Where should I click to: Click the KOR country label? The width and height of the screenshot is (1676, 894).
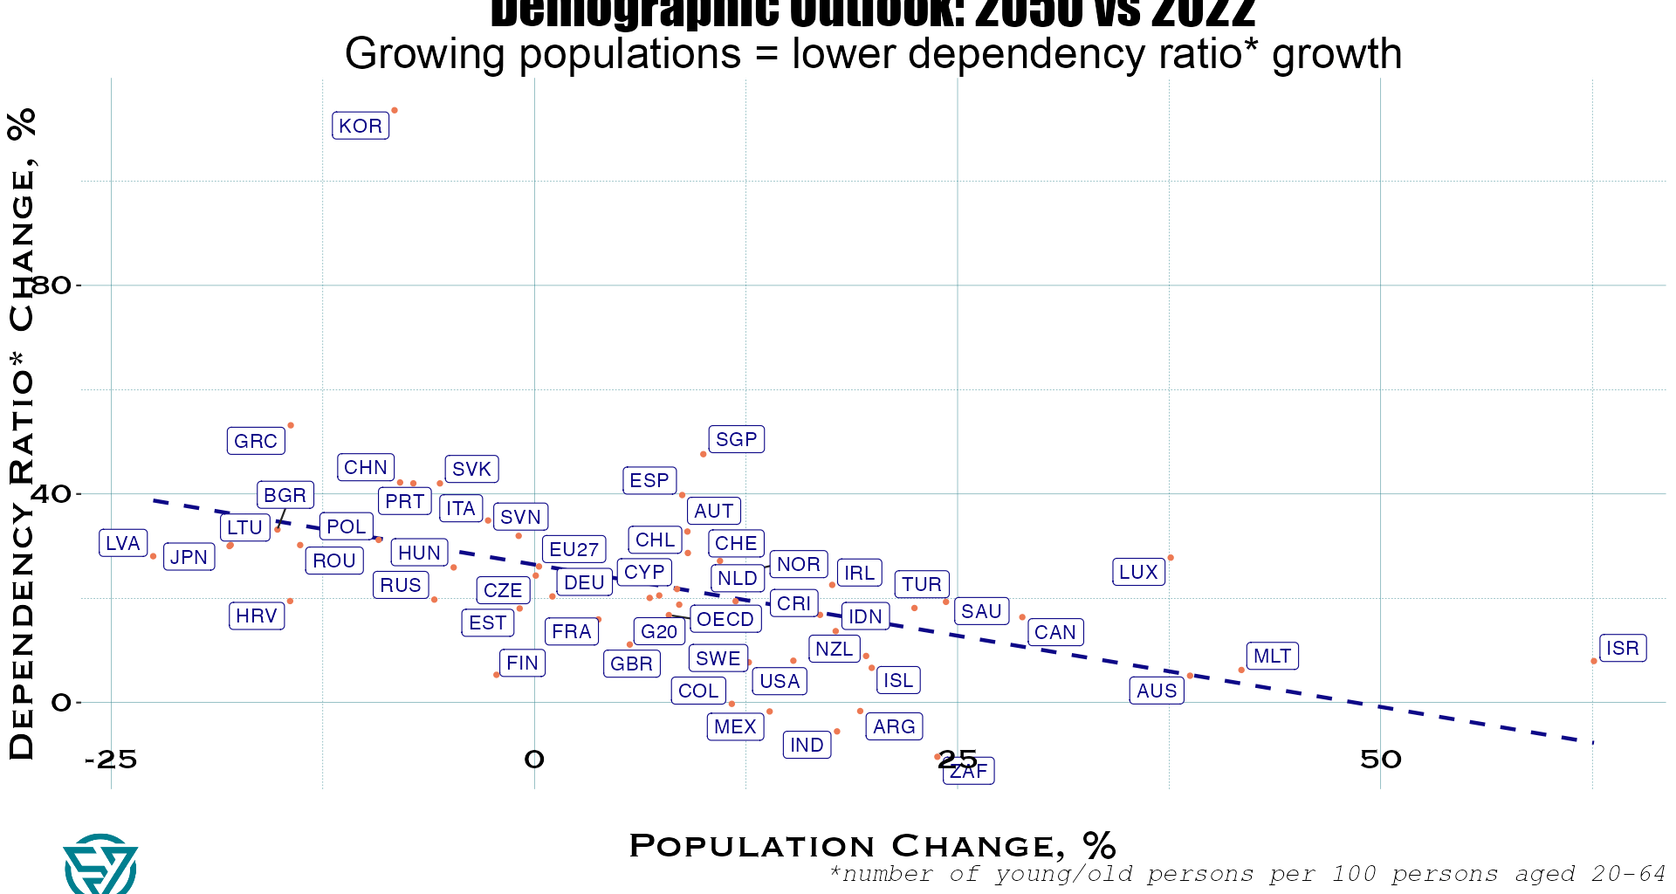[361, 126]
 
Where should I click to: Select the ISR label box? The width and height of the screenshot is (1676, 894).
[1622, 648]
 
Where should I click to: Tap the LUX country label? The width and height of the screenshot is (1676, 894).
[1138, 572]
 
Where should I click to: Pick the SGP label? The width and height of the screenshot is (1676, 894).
[736, 439]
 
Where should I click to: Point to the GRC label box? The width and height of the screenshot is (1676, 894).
[256, 441]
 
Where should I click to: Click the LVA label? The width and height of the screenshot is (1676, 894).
[123, 543]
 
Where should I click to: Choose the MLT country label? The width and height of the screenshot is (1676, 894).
[1272, 656]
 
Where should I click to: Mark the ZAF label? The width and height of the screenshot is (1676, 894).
[969, 771]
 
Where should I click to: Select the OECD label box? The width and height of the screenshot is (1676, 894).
[725, 619]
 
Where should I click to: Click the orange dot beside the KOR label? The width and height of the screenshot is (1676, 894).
[395, 110]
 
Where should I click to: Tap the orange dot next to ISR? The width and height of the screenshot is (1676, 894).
[1594, 661]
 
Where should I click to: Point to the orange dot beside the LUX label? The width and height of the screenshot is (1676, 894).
[1171, 557]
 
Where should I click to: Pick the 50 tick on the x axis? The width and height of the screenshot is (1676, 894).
[1380, 760]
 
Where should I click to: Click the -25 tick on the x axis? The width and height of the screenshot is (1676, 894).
[111, 760]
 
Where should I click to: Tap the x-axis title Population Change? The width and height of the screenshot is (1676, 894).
[872, 845]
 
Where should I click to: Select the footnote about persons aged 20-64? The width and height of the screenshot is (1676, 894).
[1247, 874]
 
